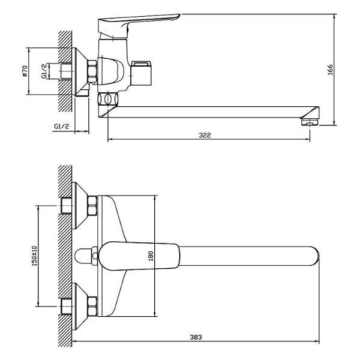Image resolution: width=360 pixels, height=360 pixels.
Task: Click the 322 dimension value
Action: (x=205, y=135)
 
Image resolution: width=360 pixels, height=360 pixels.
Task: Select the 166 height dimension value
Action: (x=330, y=70)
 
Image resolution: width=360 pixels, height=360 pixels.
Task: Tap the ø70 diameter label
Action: (x=25, y=71)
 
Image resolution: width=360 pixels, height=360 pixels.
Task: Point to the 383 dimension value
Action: (x=196, y=337)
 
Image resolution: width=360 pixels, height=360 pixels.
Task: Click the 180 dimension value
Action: (x=151, y=256)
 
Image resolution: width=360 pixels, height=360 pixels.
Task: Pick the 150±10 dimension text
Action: (x=34, y=256)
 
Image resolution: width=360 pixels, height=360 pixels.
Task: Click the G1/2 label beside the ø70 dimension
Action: (x=44, y=71)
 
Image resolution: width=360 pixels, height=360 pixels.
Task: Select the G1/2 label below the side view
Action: (x=62, y=126)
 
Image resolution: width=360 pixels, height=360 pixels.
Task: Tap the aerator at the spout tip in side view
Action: (x=310, y=122)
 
